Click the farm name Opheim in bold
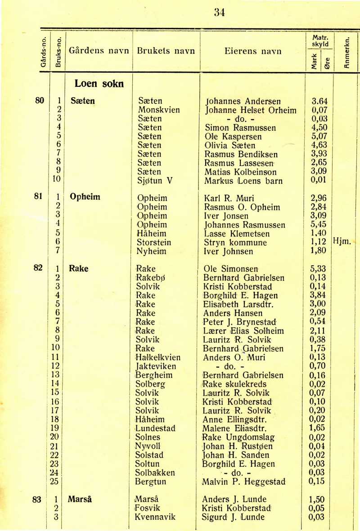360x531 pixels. [x=85, y=197]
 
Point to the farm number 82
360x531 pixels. [x=38, y=268]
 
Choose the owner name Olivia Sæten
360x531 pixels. [x=229, y=145]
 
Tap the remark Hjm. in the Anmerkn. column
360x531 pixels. [x=343, y=242]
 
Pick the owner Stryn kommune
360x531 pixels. [x=236, y=242]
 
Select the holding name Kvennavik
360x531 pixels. [x=155, y=517]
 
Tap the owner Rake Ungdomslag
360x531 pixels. [x=238, y=437]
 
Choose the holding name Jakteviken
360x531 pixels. [x=156, y=366]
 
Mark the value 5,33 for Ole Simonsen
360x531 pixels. [x=319, y=269]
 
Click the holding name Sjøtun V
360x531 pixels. [x=156, y=181]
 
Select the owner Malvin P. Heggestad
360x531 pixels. [x=244, y=482]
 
